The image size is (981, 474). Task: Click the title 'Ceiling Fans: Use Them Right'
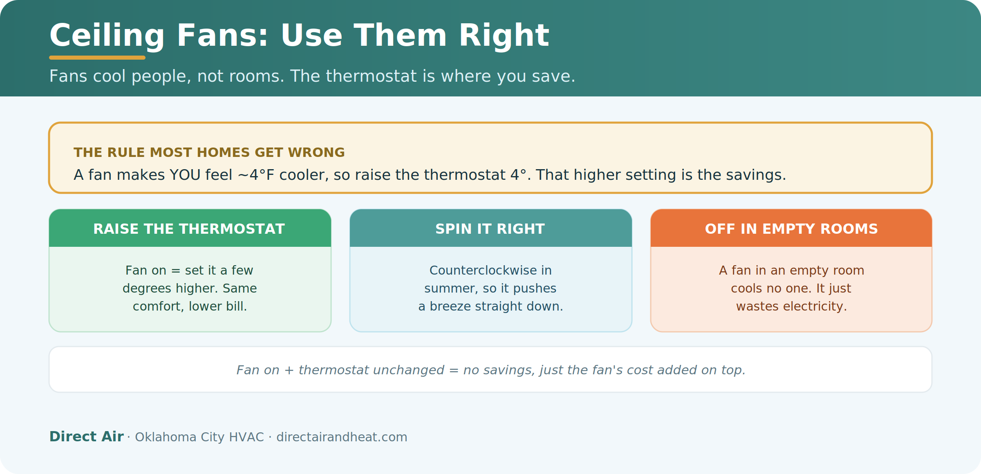299,36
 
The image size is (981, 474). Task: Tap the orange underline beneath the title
97,58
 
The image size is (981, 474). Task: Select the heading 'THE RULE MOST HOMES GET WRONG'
209,152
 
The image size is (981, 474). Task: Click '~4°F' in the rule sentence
256,175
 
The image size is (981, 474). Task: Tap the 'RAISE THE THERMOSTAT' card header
190,228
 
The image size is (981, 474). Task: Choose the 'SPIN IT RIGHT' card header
491,228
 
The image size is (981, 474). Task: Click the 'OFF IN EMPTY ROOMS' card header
791,228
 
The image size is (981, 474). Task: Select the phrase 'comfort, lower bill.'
190,306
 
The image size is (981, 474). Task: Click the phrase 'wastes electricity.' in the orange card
792,306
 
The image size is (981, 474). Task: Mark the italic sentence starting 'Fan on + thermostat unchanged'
491,370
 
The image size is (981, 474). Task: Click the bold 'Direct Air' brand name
86,436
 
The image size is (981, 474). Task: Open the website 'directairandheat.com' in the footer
342,437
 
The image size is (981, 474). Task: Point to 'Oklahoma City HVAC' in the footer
199,437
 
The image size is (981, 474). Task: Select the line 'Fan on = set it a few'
189,271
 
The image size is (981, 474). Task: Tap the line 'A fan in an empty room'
792,271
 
